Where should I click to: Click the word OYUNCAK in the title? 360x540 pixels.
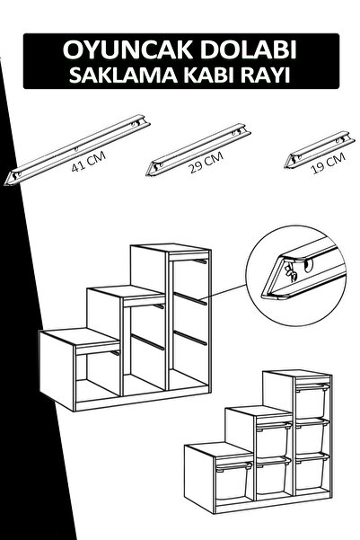coord(128,50)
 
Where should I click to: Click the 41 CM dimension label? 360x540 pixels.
coord(89,162)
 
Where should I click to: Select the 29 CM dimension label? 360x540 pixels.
coord(206,162)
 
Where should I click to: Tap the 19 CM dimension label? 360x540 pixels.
coord(328,164)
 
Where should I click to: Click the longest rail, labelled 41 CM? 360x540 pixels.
coord(77,149)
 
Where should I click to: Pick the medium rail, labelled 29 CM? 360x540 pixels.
coord(198,149)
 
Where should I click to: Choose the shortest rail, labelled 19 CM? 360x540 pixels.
coord(320,149)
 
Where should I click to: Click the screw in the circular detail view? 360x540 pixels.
coord(291,274)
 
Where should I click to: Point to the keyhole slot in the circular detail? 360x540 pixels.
coord(308,266)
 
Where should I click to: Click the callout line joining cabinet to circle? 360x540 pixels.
coord(224,291)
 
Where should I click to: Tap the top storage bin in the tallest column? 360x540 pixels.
coord(311,401)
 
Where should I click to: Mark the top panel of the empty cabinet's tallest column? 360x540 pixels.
coord(171,248)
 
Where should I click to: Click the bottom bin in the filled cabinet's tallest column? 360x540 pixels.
coord(312,471)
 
